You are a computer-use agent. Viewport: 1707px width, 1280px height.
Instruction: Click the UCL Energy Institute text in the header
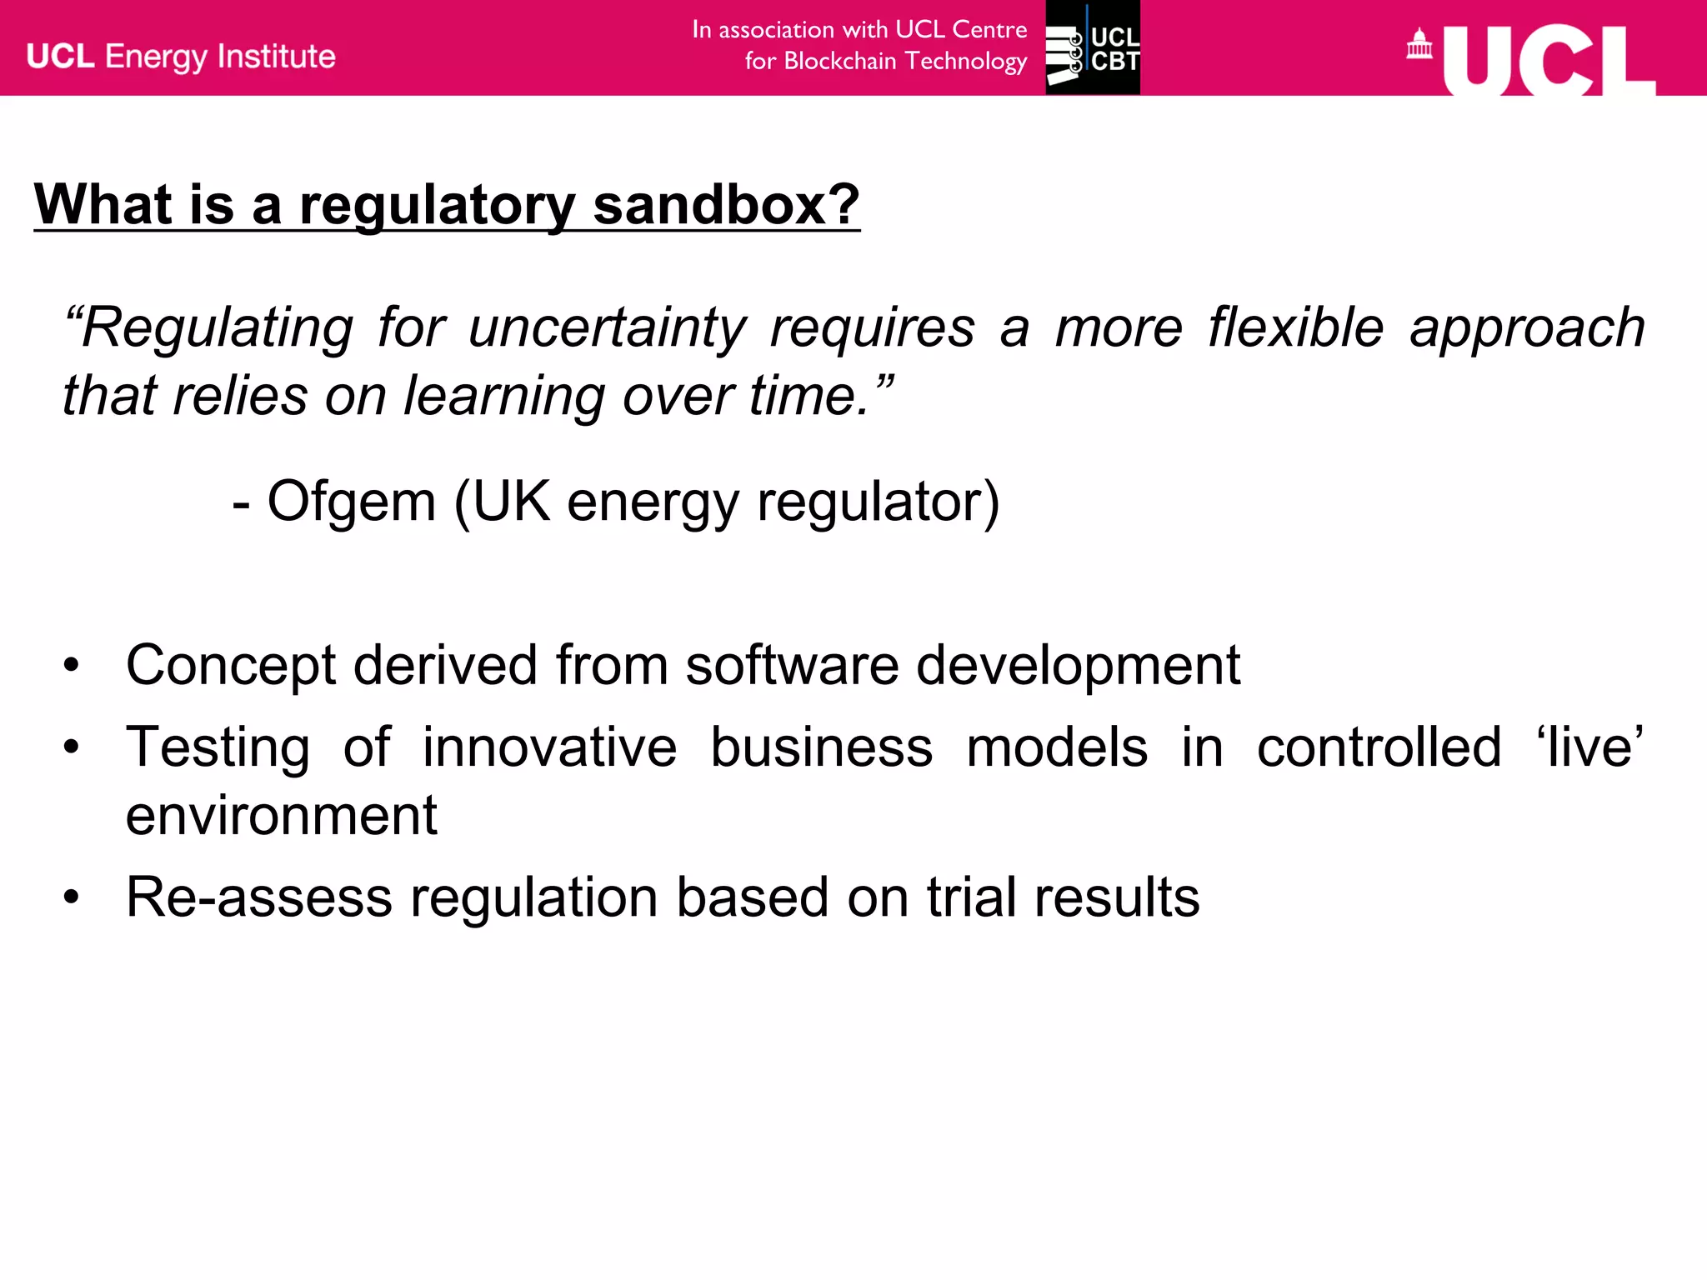[x=181, y=57]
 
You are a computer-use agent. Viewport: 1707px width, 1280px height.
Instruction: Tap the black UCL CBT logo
[x=1093, y=47]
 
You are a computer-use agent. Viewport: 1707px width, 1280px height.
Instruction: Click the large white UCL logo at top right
[x=1549, y=60]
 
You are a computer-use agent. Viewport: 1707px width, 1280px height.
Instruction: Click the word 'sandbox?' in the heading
[x=726, y=204]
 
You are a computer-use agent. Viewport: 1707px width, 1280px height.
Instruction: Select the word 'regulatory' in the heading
[x=438, y=206]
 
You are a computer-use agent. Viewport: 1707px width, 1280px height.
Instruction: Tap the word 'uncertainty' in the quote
[x=607, y=327]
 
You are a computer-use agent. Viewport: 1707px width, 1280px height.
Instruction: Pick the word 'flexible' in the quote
[x=1296, y=327]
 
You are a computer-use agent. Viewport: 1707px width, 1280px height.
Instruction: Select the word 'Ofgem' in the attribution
[x=351, y=502]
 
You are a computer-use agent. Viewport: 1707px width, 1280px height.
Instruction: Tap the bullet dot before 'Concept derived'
[x=72, y=666]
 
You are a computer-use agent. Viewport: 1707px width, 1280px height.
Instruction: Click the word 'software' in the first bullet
[x=792, y=666]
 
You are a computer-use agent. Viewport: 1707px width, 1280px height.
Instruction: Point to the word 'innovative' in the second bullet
[x=550, y=747]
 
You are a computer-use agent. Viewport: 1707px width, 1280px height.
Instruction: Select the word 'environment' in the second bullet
[x=281, y=815]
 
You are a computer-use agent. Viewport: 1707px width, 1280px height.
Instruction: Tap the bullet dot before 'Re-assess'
[x=72, y=897]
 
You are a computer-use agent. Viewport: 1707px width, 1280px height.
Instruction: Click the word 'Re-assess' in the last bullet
[x=258, y=897]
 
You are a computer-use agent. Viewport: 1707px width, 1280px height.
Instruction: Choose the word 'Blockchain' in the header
[x=839, y=62]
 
